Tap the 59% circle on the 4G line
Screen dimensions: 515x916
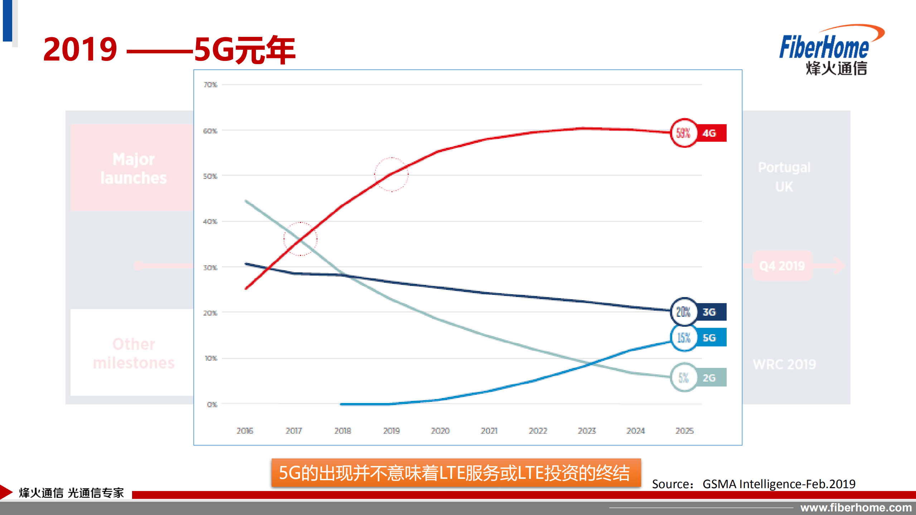click(x=683, y=133)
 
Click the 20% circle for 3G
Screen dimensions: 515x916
click(x=683, y=312)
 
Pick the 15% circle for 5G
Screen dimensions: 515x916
click(x=683, y=337)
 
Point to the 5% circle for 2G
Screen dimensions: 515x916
click(x=683, y=378)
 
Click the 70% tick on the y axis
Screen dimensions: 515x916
click(x=210, y=85)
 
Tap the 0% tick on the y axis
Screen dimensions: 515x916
click(x=212, y=404)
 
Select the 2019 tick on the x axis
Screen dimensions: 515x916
click(x=391, y=431)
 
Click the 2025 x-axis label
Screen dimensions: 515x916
click(x=684, y=431)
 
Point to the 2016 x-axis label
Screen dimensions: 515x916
click(x=245, y=431)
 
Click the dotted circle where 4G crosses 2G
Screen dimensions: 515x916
click(x=300, y=239)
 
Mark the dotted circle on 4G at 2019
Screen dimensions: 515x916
click(x=391, y=174)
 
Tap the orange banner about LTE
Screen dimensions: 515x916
click(x=456, y=473)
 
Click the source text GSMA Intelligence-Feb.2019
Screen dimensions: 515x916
click(x=779, y=484)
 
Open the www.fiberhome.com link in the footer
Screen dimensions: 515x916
click(x=856, y=507)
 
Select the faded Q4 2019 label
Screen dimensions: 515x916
click(x=782, y=266)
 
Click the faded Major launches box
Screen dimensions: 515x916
click(x=133, y=168)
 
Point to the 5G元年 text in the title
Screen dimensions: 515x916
click(x=245, y=50)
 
